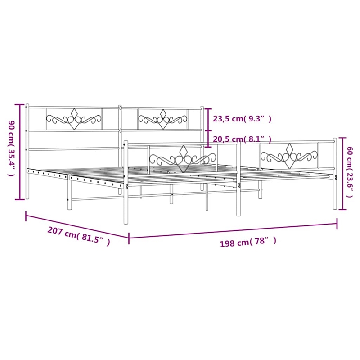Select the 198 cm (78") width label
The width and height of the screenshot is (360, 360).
click(x=248, y=243)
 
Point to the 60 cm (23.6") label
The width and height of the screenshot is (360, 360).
click(x=351, y=173)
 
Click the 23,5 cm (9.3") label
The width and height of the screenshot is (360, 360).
click(x=242, y=119)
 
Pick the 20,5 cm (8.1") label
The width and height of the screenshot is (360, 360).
click(x=242, y=139)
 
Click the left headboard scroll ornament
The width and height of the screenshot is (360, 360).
click(x=74, y=119)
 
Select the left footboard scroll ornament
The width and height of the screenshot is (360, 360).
click(x=183, y=158)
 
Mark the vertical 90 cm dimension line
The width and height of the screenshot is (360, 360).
click(x=20, y=151)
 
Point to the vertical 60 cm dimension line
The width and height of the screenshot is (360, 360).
click(x=343, y=173)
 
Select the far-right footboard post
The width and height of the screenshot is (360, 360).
click(x=334, y=173)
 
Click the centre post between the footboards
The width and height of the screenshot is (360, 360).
click(x=238, y=175)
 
